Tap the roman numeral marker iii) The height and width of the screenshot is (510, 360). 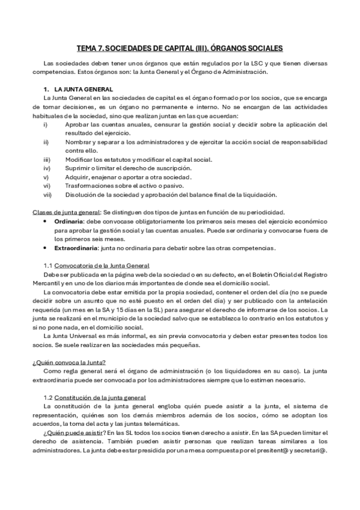pos(47,159)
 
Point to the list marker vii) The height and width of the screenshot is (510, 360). pos(47,194)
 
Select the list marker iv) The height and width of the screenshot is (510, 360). pos(47,168)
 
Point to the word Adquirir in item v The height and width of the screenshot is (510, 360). pos(78,177)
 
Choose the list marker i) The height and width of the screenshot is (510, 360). pos(46,124)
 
